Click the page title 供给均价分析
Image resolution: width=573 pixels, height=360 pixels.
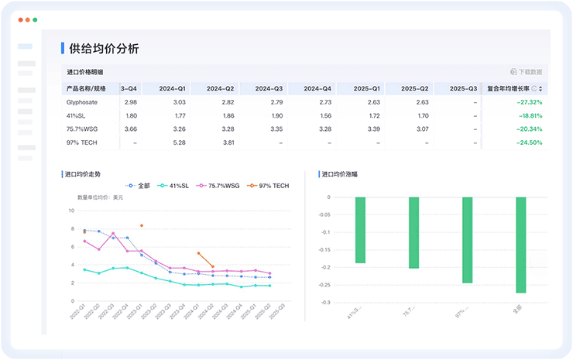[x=105, y=49]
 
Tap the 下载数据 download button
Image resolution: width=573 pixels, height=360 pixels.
[x=527, y=72]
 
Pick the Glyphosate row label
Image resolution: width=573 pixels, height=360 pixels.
[x=82, y=102]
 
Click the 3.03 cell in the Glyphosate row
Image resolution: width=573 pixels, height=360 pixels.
[x=179, y=102]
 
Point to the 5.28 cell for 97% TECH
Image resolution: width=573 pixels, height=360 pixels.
[x=179, y=142]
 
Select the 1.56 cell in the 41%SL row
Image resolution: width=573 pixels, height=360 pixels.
[x=325, y=115]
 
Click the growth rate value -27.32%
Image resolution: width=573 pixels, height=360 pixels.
[x=530, y=102]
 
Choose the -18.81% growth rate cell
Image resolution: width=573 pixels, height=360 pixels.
[x=530, y=115]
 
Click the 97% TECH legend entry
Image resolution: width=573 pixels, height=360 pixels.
[x=268, y=186]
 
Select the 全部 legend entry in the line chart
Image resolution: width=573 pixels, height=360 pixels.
[x=139, y=186]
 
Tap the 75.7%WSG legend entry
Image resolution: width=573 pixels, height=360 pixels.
[x=217, y=186]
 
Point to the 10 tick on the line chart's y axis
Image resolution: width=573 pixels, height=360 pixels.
[x=71, y=211]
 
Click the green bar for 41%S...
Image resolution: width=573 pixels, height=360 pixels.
[x=360, y=230]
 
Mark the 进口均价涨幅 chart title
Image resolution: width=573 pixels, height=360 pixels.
[x=339, y=174]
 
